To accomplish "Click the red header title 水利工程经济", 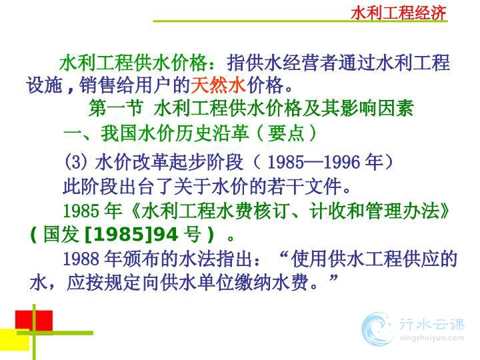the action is [398, 13].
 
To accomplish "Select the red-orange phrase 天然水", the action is [218, 85].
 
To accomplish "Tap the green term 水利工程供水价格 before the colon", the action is [133, 63].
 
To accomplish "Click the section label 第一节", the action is [116, 108].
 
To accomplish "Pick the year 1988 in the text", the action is [81, 259].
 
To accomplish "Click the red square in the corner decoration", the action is [34, 321].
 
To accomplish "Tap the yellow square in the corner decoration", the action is [15, 339].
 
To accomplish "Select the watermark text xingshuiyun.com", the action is [432, 338].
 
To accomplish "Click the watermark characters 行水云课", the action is [432, 324].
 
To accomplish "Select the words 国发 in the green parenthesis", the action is [61, 235].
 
